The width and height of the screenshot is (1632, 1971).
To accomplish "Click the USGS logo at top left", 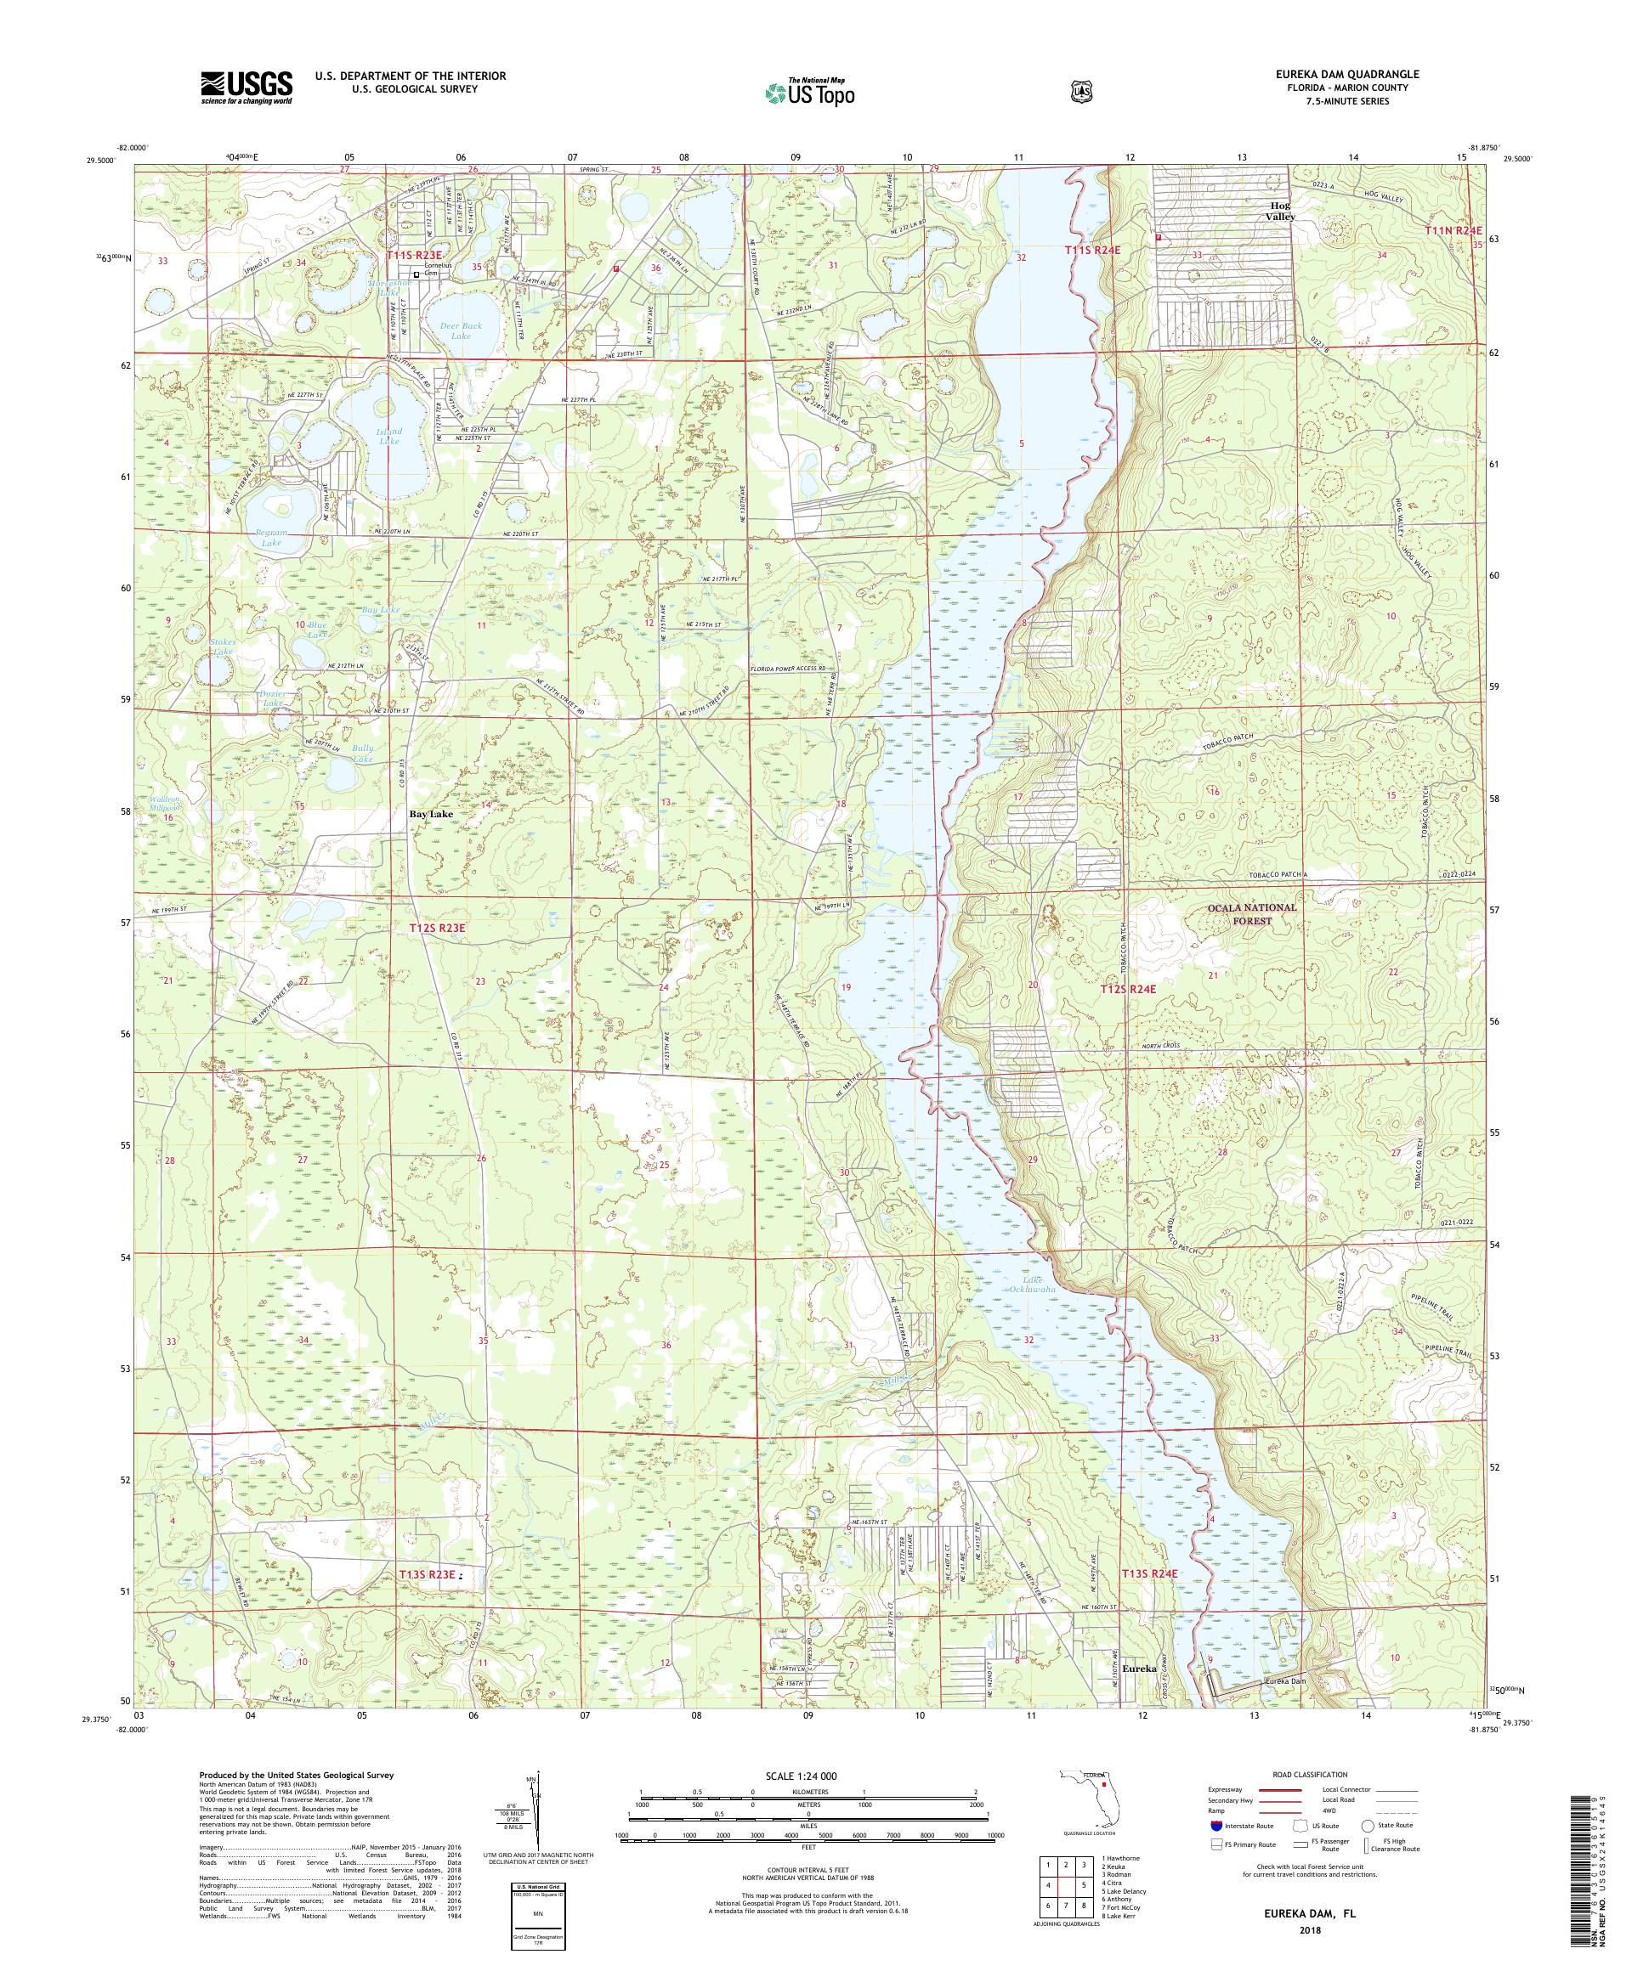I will (246, 88).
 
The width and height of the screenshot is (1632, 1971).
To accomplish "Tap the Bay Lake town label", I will (431, 815).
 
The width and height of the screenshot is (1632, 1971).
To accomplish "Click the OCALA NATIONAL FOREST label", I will (1252, 914).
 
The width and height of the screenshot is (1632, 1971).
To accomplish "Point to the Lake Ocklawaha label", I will (1034, 1284).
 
